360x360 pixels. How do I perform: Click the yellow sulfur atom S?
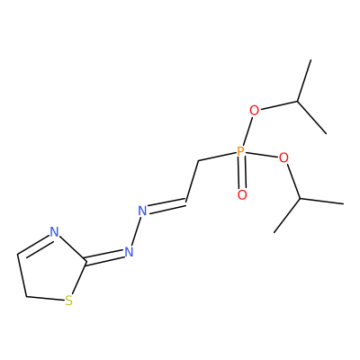point(69,301)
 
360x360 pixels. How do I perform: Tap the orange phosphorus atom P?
point(240,152)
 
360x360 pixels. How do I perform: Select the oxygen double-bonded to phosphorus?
point(242,195)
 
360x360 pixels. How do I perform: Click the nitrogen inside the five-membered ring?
point(54,232)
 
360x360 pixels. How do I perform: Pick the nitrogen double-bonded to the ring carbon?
point(129,252)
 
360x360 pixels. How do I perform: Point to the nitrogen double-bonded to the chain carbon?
point(142,211)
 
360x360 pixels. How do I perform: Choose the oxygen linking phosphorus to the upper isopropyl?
point(254,111)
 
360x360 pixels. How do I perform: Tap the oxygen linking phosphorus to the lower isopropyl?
point(283,157)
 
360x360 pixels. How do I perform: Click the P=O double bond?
point(241,174)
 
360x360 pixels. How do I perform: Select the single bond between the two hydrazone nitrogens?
point(136,231)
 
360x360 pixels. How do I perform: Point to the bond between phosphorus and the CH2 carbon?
point(217,157)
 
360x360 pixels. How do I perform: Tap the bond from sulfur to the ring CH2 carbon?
point(45,299)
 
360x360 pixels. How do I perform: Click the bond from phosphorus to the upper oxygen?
point(247,131)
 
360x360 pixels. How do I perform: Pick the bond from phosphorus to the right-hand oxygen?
point(261,155)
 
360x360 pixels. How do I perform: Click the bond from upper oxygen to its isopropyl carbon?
point(278,106)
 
